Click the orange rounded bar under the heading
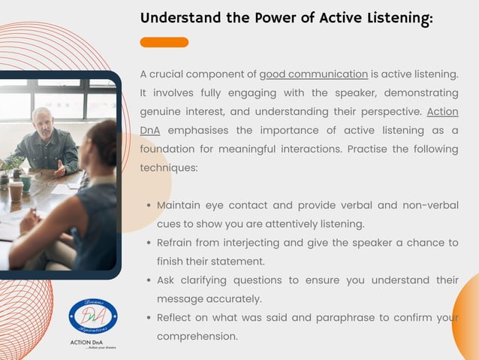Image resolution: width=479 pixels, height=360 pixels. [x=164, y=42]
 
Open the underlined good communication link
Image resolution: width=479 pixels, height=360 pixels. [x=313, y=74]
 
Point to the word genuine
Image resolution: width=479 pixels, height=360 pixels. [x=163, y=112]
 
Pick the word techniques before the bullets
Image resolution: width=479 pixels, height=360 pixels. [x=168, y=168]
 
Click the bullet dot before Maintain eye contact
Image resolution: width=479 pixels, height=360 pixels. [x=149, y=205]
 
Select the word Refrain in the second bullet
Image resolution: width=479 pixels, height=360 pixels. [x=177, y=243]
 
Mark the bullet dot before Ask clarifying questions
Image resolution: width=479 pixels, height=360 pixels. [x=149, y=280]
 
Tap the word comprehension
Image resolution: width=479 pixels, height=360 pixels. [x=197, y=337]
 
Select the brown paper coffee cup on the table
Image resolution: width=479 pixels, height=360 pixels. [x=15, y=190]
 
